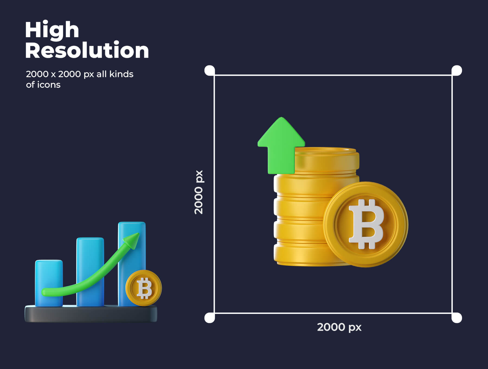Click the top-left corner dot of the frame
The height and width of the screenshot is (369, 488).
210,71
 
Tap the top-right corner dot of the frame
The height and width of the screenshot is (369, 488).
457,71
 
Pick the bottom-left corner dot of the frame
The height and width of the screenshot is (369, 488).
210,318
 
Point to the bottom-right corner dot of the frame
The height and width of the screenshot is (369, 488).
457,318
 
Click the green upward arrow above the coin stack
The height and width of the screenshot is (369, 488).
281,147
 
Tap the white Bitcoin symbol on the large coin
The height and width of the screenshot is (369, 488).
366,224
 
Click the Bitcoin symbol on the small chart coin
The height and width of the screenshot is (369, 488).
144,288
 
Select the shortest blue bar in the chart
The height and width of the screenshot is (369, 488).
49,283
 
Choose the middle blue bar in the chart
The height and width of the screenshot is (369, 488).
90,272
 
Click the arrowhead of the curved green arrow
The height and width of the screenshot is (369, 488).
132,240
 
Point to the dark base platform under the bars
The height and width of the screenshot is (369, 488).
91,314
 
